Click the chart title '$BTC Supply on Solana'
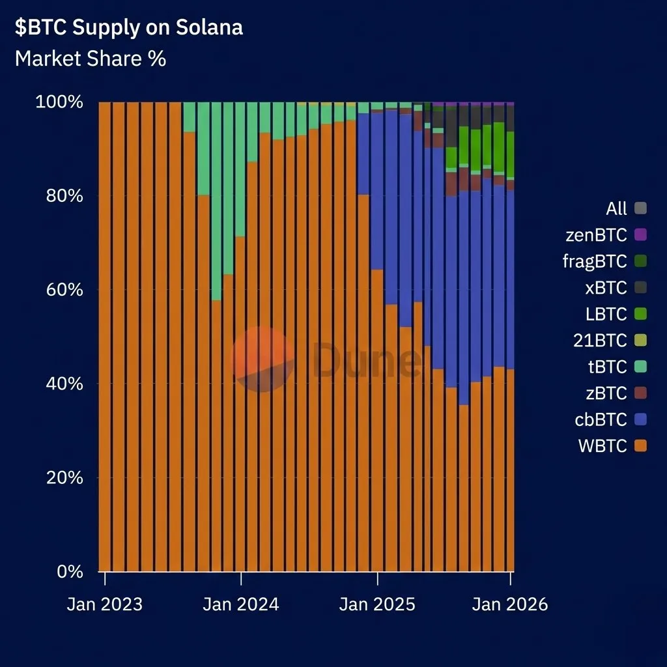pyautogui.click(x=129, y=28)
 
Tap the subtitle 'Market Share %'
pyautogui.click(x=91, y=59)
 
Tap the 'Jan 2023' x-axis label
pyautogui.click(x=104, y=604)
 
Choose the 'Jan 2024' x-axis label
pyautogui.click(x=240, y=604)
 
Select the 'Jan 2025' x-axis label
pyautogui.click(x=376, y=604)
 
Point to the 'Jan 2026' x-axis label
pyautogui.click(x=510, y=604)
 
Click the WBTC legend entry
pyautogui.click(x=603, y=446)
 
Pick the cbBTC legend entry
pyautogui.click(x=601, y=419)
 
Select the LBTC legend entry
pyautogui.click(x=606, y=314)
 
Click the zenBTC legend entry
pyautogui.click(x=596, y=234)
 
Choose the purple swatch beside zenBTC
pyautogui.click(x=640, y=234)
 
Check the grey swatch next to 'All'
pyautogui.click(x=640, y=208)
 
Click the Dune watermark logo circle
pyautogui.click(x=263, y=360)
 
